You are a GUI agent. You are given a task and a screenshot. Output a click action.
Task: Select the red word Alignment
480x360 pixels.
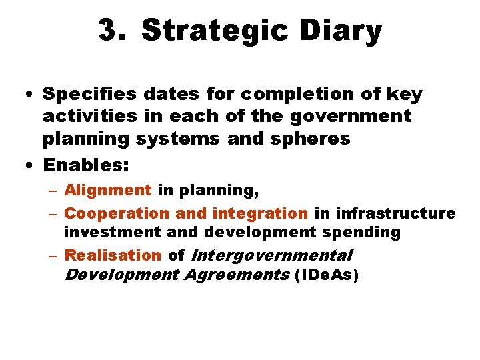tap(108, 190)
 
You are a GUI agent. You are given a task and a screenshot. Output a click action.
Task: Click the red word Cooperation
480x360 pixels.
tap(117, 213)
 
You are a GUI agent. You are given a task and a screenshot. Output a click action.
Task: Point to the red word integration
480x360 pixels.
tap(259, 213)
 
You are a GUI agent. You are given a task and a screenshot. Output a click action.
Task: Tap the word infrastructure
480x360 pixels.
tap(396, 213)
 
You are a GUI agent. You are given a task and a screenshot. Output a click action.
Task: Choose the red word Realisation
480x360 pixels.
tap(113, 255)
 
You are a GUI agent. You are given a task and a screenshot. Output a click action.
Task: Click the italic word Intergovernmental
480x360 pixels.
tap(271, 255)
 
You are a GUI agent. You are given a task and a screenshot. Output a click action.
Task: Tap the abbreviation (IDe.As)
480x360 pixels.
tap(326, 275)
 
